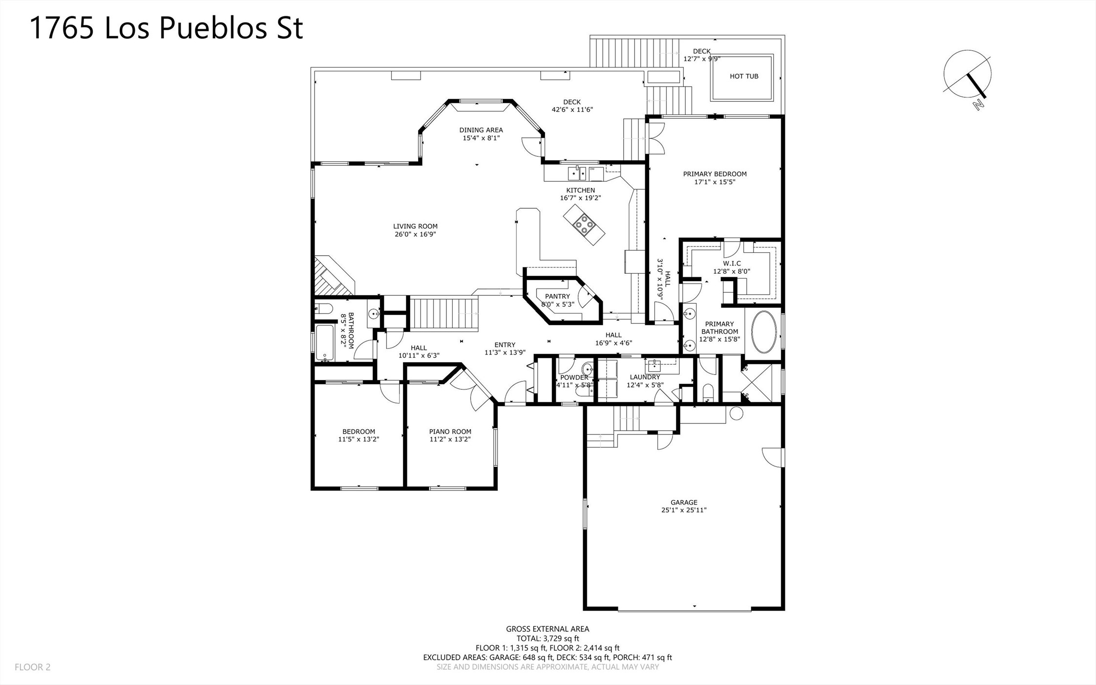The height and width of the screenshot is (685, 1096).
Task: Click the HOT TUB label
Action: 744,76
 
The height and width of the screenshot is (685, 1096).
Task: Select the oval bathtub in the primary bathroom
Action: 763,332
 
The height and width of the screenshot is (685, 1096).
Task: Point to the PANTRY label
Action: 557,296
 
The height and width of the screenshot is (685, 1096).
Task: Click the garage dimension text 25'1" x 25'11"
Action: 684,510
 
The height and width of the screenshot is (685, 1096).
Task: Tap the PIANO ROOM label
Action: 450,431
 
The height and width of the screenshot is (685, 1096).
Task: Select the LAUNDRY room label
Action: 645,377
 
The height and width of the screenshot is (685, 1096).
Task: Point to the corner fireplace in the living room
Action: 332,276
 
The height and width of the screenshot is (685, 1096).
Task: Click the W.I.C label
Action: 732,264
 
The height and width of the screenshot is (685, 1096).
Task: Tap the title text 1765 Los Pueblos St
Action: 167,27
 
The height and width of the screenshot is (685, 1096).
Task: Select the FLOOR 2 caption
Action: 33,667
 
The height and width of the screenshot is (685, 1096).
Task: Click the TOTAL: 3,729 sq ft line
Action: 548,639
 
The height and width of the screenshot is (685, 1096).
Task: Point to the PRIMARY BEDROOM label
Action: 715,174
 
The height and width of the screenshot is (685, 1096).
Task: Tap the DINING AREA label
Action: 481,130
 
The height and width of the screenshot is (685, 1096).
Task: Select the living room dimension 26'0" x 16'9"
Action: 415,234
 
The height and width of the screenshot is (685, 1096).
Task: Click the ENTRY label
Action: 505,345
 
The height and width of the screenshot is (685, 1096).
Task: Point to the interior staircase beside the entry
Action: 443,314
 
